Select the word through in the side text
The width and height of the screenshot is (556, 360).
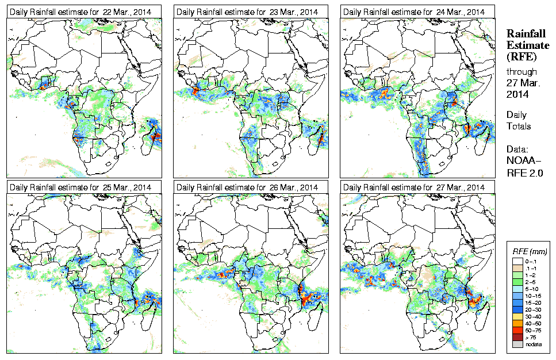pos(522,72)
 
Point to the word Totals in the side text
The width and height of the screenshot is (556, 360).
pos(519,127)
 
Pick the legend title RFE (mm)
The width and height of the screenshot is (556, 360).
pos(530,251)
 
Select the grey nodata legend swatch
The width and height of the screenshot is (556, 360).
pos(517,343)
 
